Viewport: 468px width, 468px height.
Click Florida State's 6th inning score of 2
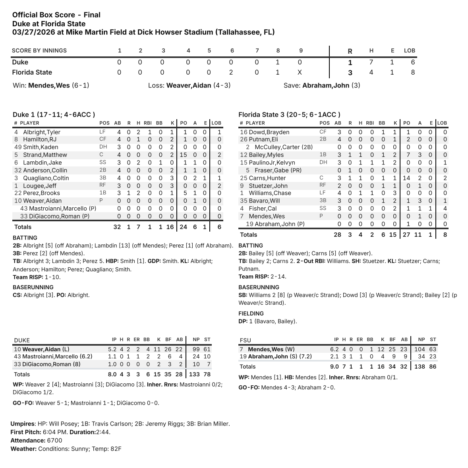point(231,72)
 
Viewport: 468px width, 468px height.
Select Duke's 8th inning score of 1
point(278,62)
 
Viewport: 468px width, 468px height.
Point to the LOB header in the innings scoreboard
point(409,50)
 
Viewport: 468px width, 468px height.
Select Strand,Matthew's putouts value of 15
point(184,155)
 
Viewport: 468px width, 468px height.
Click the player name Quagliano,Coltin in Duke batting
point(46,178)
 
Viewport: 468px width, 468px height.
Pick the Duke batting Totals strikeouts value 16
point(170,227)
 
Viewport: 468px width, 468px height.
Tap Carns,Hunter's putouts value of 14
point(406,178)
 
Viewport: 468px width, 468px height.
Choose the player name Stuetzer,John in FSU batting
point(268,186)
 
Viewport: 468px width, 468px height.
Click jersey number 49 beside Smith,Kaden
point(17,147)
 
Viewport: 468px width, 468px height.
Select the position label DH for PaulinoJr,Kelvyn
point(324,162)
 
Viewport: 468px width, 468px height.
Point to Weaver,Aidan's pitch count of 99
point(196,349)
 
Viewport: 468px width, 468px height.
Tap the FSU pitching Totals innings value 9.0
point(335,366)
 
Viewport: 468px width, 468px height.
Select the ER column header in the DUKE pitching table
point(136,340)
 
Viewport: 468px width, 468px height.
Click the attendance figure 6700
point(54,440)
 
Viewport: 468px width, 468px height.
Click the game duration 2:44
point(103,432)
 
